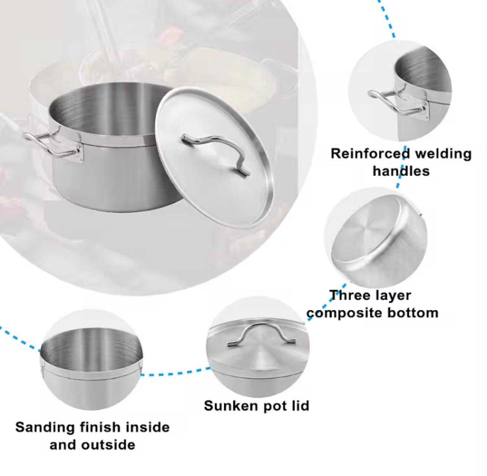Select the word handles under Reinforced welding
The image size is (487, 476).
click(x=401, y=171)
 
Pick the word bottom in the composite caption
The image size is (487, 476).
click(x=412, y=313)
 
